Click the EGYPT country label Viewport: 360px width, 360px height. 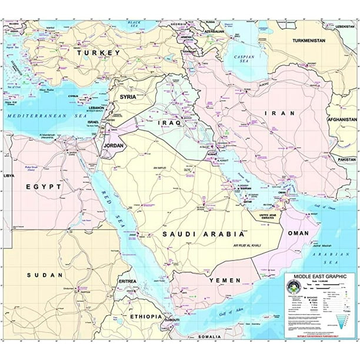point(44,187)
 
